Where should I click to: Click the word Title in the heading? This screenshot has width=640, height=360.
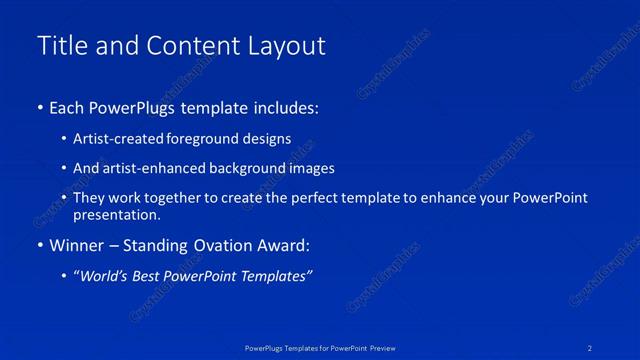tap(60, 46)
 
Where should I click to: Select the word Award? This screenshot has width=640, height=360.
tap(285, 244)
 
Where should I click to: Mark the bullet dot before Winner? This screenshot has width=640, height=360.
tap(39, 245)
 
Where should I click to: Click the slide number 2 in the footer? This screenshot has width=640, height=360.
tap(591, 347)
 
